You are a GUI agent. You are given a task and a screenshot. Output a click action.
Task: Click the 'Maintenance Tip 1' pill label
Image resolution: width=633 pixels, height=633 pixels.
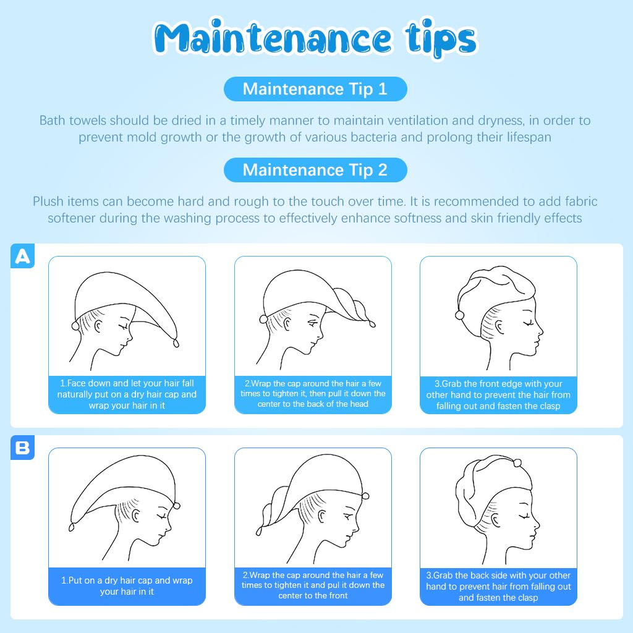[315, 89]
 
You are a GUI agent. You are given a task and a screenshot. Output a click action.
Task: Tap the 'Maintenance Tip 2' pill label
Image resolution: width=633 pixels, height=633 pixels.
[315, 170]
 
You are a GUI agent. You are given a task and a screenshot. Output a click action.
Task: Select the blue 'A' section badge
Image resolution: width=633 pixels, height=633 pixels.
[23, 256]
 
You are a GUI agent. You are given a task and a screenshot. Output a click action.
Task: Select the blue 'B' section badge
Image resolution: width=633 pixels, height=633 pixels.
[23, 448]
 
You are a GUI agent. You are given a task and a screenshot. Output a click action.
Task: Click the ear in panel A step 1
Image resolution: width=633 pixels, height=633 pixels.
[98, 326]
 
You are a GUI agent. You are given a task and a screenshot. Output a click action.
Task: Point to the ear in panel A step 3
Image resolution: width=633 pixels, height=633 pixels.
[499, 327]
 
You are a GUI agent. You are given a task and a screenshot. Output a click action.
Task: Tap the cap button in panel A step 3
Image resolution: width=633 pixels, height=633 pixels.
[459, 316]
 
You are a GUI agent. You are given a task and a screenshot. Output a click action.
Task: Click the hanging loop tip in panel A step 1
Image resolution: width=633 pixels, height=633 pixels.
[176, 342]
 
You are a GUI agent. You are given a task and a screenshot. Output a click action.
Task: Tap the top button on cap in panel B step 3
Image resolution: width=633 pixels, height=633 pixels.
[517, 462]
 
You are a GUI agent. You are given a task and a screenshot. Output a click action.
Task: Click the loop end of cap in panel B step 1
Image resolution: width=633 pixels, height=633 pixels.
[72, 527]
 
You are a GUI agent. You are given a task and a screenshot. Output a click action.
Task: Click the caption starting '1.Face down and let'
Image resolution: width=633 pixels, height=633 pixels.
[127, 394]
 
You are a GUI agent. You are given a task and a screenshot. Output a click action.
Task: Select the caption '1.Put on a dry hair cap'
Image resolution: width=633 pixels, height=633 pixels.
[127, 586]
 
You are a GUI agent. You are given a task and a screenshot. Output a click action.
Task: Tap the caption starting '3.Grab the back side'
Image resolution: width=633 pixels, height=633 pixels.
[499, 586]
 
